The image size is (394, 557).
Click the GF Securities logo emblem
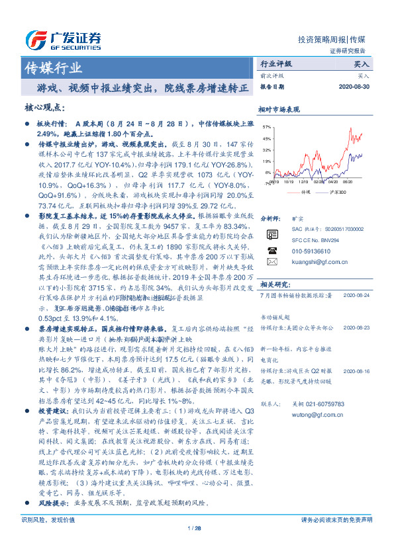click(34, 38)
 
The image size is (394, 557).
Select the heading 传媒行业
click(53, 67)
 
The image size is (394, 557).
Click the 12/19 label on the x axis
click(304, 180)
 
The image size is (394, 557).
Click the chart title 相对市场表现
click(279, 108)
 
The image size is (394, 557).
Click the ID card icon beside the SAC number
click(272, 235)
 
